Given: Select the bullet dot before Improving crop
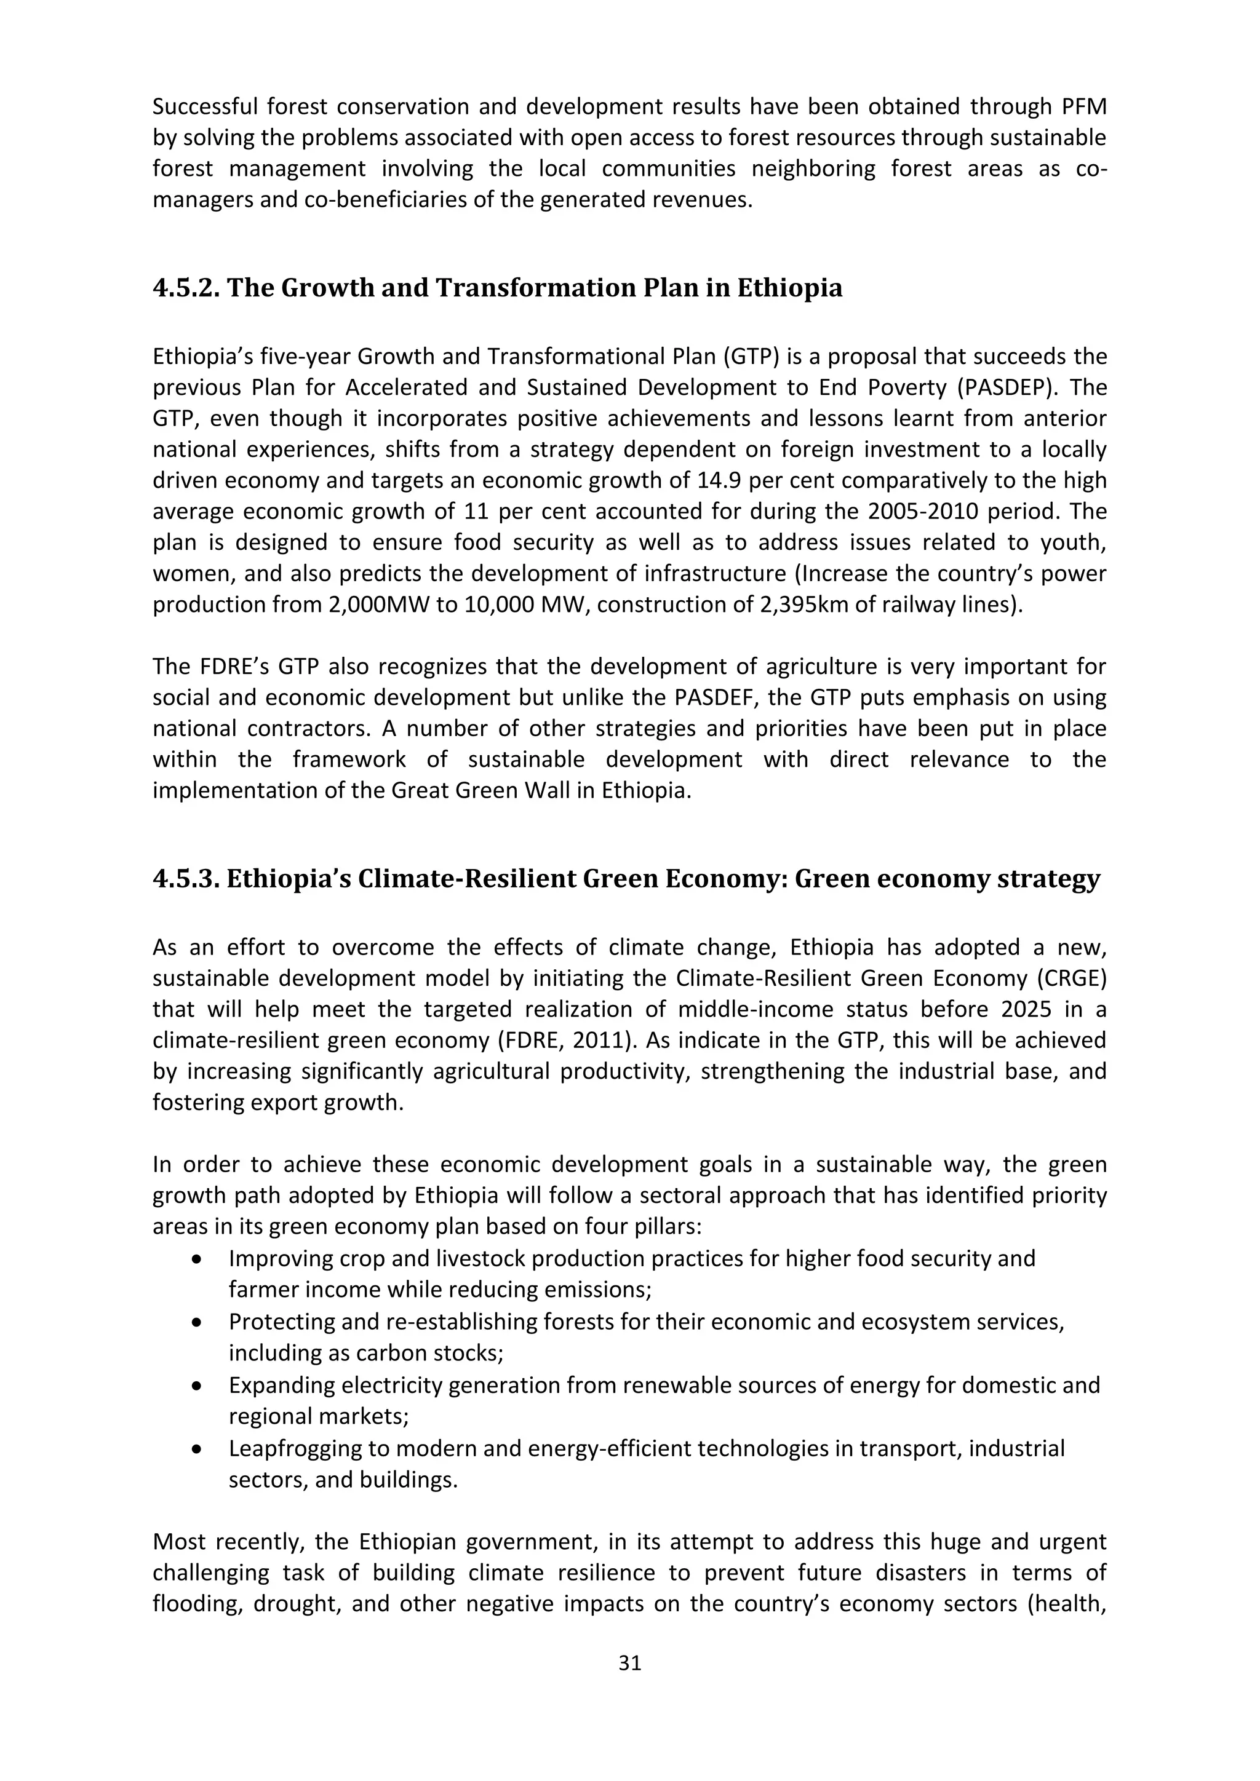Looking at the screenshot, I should (x=199, y=1259).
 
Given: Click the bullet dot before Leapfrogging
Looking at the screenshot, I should (x=199, y=1449).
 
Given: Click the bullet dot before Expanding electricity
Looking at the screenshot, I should (x=199, y=1386).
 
